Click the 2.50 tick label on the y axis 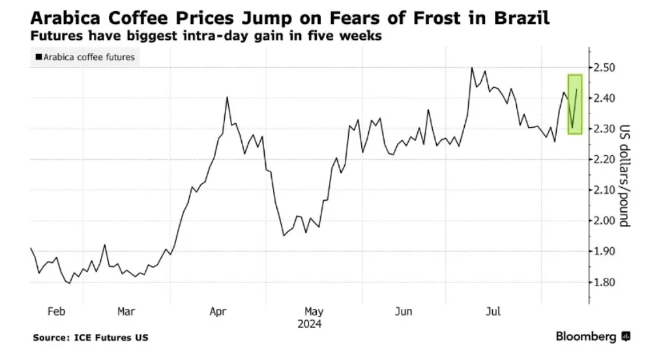point(606,68)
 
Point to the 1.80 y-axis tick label point(606,282)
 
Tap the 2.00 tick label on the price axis point(606,221)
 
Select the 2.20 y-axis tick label point(606,160)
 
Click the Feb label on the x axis point(57,312)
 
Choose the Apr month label point(218,312)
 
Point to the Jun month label point(404,312)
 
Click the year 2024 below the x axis point(310,323)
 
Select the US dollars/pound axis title point(624,175)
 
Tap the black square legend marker point(39,57)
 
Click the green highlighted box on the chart point(574,104)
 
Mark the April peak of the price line point(226,98)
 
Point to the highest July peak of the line point(471,67)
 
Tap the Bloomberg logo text point(585,337)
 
